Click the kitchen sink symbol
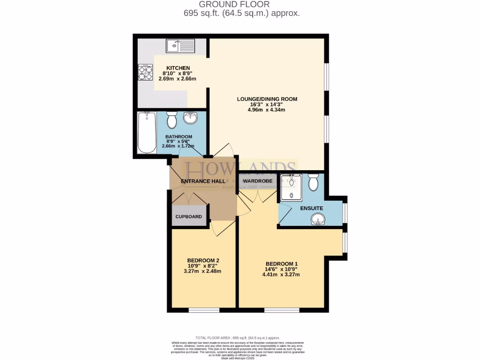click(180, 46)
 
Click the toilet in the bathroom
click(172, 120)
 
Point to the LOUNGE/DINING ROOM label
click(267, 99)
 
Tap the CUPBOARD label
click(188, 217)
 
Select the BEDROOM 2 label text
click(203, 261)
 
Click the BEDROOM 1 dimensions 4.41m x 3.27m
click(281, 274)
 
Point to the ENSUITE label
click(312, 208)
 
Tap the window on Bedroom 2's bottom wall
click(204, 310)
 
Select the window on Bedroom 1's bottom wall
click(281, 310)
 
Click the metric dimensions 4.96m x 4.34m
click(267, 110)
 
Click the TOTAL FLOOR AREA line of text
click(237, 337)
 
